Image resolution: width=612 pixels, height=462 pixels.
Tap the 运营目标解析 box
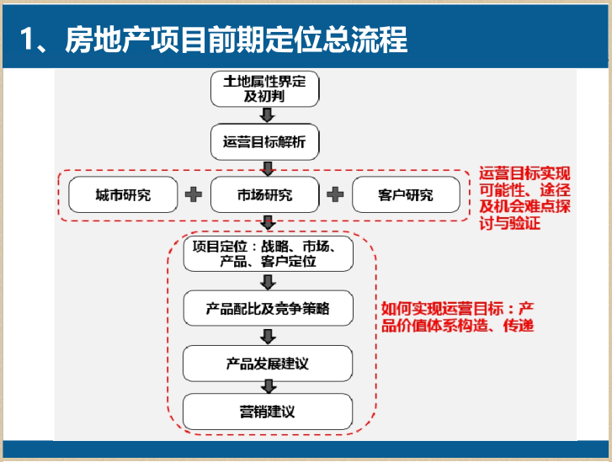pyautogui.click(x=265, y=143)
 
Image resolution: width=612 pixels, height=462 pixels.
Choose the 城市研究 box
pyautogui.click(x=123, y=195)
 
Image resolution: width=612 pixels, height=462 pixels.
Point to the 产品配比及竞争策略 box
pyautogui.click(x=268, y=310)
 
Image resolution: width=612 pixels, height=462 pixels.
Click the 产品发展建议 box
pyautogui.click(x=268, y=363)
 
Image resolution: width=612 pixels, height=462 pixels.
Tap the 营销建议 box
pyautogui.click(x=268, y=412)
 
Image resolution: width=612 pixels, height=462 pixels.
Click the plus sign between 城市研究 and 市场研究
pyautogui.click(x=194, y=195)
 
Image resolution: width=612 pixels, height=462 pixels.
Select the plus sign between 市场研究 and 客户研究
pyautogui.click(x=335, y=195)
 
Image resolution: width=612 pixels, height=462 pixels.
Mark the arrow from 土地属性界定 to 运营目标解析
pyautogui.click(x=266, y=117)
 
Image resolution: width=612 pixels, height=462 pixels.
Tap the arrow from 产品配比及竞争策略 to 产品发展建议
pyautogui.click(x=268, y=337)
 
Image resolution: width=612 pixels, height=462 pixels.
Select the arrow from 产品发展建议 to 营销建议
pyautogui.click(x=268, y=387)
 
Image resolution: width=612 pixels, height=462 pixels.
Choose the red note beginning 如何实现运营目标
pyautogui.click(x=458, y=316)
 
